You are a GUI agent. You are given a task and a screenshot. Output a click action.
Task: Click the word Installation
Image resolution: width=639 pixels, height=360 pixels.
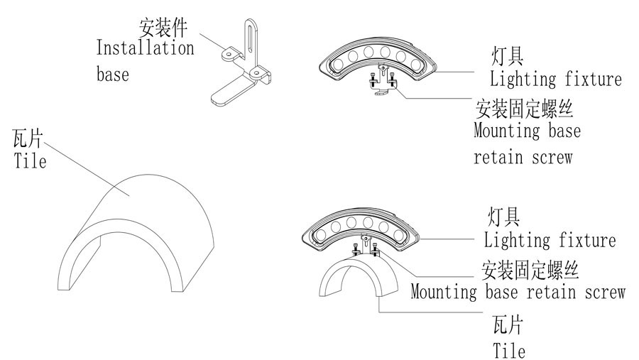click(x=145, y=49)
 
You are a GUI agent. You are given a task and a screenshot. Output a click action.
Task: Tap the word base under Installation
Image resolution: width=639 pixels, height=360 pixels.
click(x=113, y=73)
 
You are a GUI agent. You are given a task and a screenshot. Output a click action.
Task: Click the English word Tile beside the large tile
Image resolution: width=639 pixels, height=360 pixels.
click(x=30, y=161)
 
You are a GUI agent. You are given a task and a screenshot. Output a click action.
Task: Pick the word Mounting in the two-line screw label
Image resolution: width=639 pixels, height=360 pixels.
click(x=508, y=131)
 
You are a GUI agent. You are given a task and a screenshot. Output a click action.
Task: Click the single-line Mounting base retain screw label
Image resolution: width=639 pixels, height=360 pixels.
click(x=518, y=292)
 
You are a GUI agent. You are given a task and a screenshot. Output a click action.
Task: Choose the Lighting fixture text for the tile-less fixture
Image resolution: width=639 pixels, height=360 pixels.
click(x=555, y=78)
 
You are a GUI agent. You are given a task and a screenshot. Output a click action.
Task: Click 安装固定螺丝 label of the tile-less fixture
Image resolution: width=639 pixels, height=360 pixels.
click(x=524, y=109)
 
